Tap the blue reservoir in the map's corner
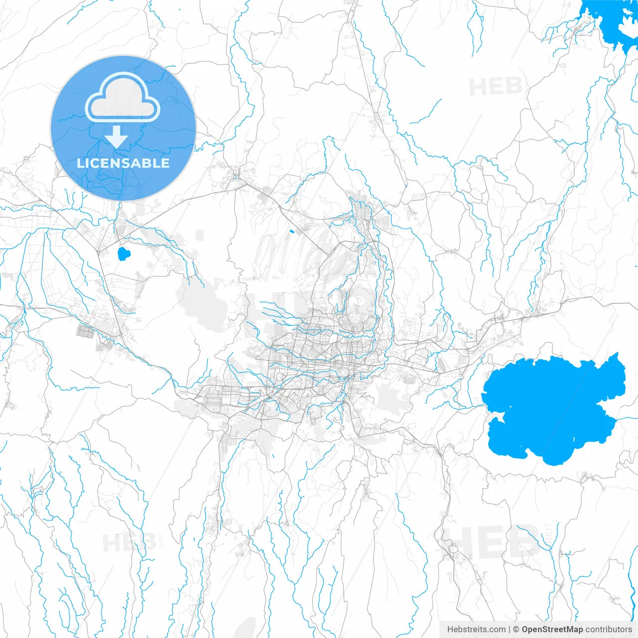[x=611, y=20]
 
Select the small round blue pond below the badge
[x=123, y=254]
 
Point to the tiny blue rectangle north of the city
[x=292, y=231]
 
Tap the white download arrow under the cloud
[x=117, y=137]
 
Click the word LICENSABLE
[x=123, y=163]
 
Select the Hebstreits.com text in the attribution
[x=476, y=630]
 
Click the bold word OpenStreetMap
[x=552, y=630]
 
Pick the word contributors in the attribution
[x=608, y=630]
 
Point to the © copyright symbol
[x=516, y=630]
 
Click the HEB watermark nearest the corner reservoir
[x=495, y=87]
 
